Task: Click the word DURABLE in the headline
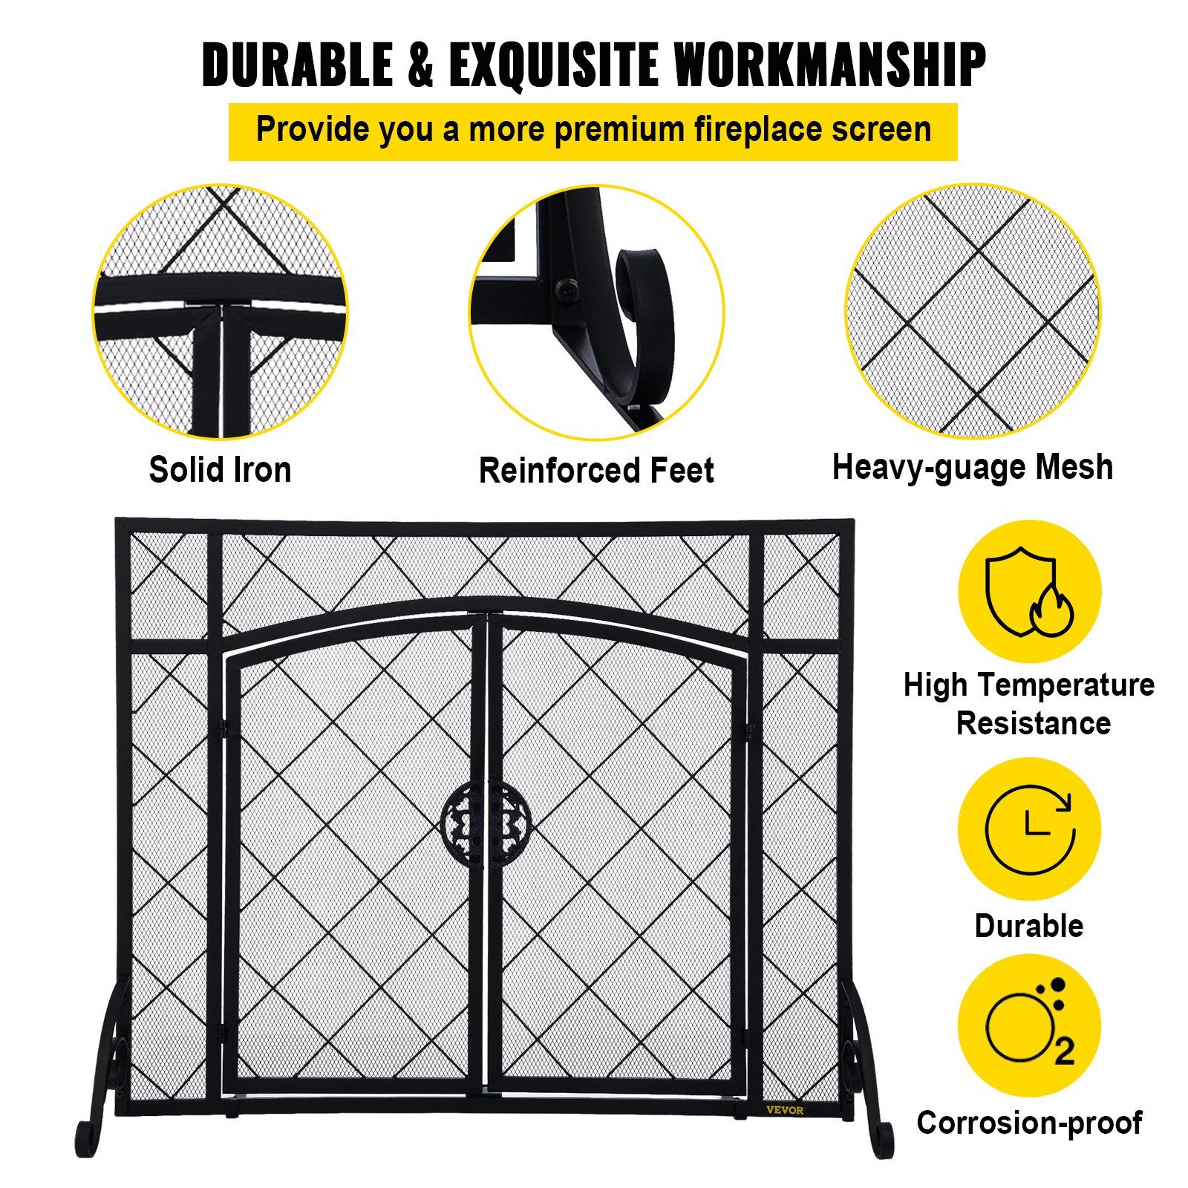tap(296, 65)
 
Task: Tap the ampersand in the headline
tap(420, 65)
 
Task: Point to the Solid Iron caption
tap(220, 469)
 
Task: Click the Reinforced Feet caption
tap(596, 470)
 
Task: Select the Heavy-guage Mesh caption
tap(973, 468)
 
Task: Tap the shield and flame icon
tap(1029, 592)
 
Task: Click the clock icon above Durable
tap(1029, 829)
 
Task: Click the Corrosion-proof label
tap(1029, 1123)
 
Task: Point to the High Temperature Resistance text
tap(1029, 703)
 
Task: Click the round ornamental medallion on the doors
tap(486, 822)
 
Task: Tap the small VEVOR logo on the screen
tap(785, 1110)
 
